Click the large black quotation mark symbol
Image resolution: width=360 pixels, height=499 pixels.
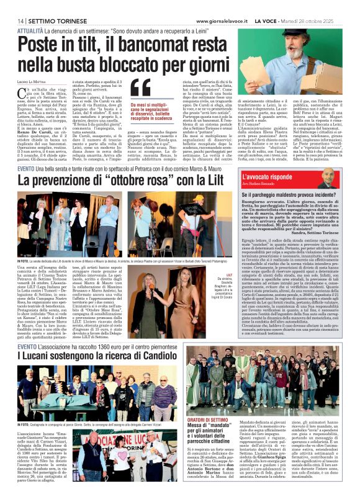point(140,89)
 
